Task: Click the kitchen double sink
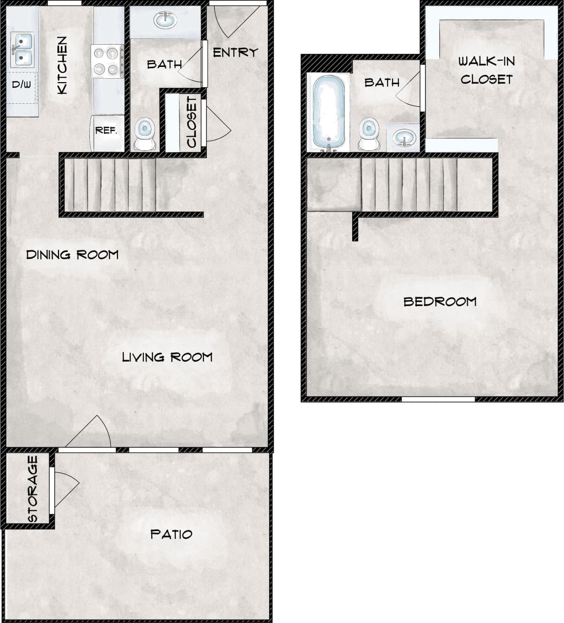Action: coord(22,50)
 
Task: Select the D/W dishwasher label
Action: coord(22,85)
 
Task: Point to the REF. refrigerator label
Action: coord(106,130)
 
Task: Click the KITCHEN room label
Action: coord(62,65)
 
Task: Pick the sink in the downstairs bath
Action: coord(165,21)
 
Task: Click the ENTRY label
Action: coord(235,52)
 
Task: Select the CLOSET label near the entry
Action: coord(192,122)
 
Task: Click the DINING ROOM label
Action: coord(72,255)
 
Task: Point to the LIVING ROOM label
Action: coord(167,357)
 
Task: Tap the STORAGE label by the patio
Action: coord(33,489)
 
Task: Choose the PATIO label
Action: coord(171,534)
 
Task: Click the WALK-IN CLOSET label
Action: coord(486,70)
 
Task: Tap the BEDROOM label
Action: coord(440,302)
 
